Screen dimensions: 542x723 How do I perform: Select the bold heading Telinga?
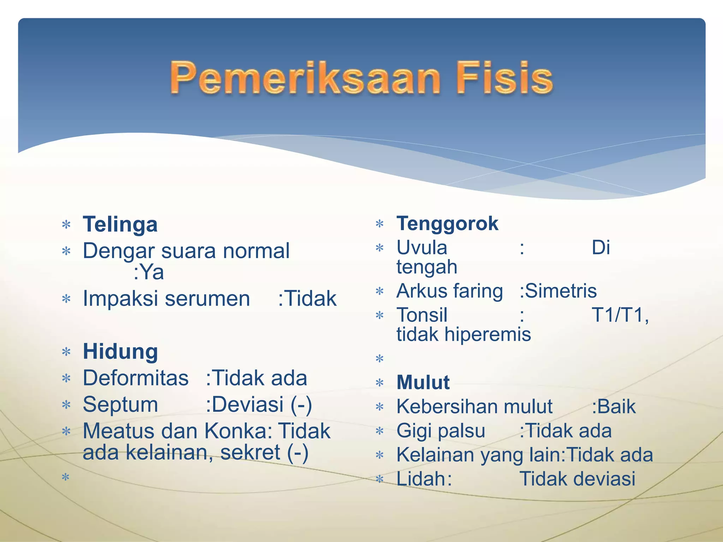[x=120, y=224]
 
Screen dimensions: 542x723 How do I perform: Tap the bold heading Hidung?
[x=120, y=351]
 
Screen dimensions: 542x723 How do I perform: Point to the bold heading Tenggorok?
[x=447, y=224]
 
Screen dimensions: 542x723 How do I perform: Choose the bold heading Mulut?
[x=423, y=382]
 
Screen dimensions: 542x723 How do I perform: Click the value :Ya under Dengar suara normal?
[x=149, y=272]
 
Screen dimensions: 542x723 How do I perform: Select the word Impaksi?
[x=120, y=299]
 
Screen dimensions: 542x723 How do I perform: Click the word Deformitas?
[x=136, y=378]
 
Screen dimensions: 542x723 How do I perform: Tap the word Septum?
[x=120, y=404]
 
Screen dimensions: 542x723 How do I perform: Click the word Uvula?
[x=422, y=248]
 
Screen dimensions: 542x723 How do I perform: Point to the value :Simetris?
[x=558, y=291]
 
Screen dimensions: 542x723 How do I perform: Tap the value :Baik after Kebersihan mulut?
[x=614, y=406]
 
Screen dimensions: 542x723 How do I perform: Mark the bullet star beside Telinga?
[x=66, y=224]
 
